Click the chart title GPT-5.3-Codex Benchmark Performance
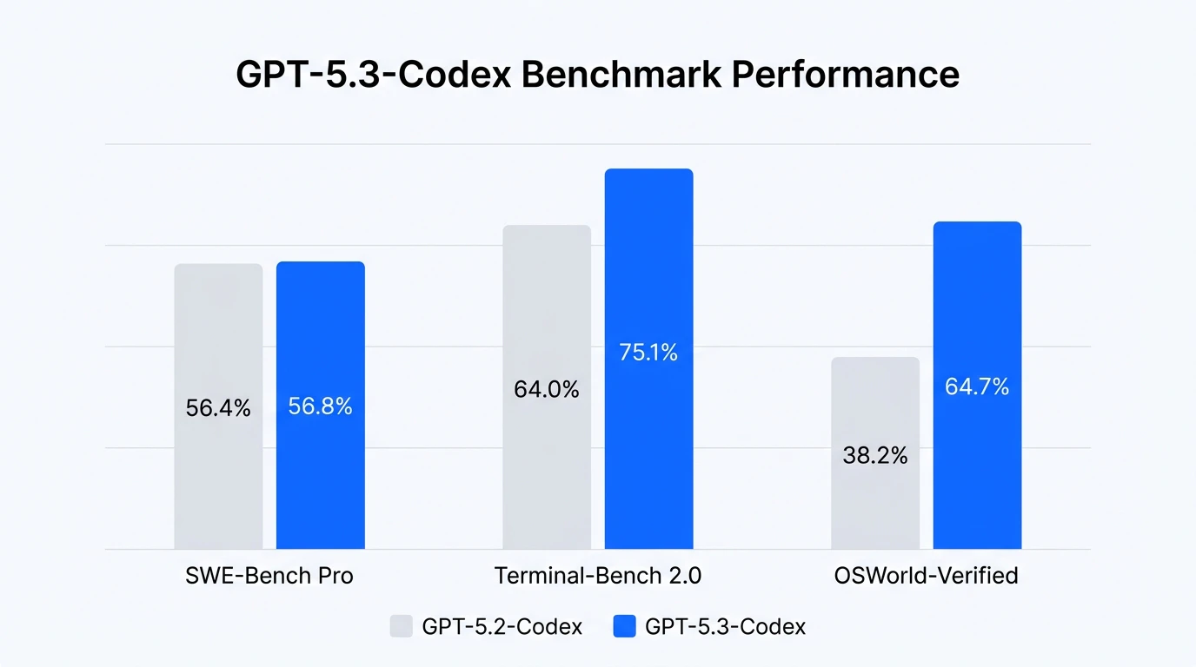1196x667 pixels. tap(597, 75)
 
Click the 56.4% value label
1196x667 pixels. tap(218, 408)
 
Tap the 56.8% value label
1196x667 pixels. tap(321, 406)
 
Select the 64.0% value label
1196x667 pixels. tap(547, 390)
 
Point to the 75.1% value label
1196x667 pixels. tap(648, 353)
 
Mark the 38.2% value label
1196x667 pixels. tap(875, 455)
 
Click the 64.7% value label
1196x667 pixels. tap(977, 387)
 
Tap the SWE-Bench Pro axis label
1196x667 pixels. tap(269, 576)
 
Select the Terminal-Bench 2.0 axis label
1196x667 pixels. tap(598, 576)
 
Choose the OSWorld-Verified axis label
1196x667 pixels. tap(926, 576)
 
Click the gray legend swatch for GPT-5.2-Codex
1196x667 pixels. tap(402, 626)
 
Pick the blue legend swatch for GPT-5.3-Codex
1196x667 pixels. tap(625, 626)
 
